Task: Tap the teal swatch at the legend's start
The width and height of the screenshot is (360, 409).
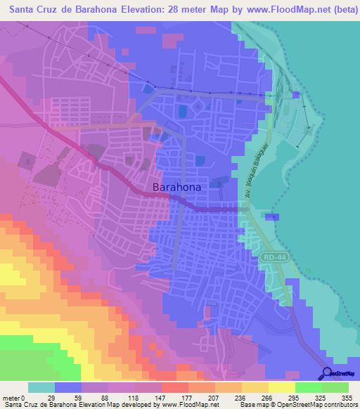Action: click(x=41, y=387)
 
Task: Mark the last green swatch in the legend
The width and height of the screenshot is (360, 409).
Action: click(x=335, y=387)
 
